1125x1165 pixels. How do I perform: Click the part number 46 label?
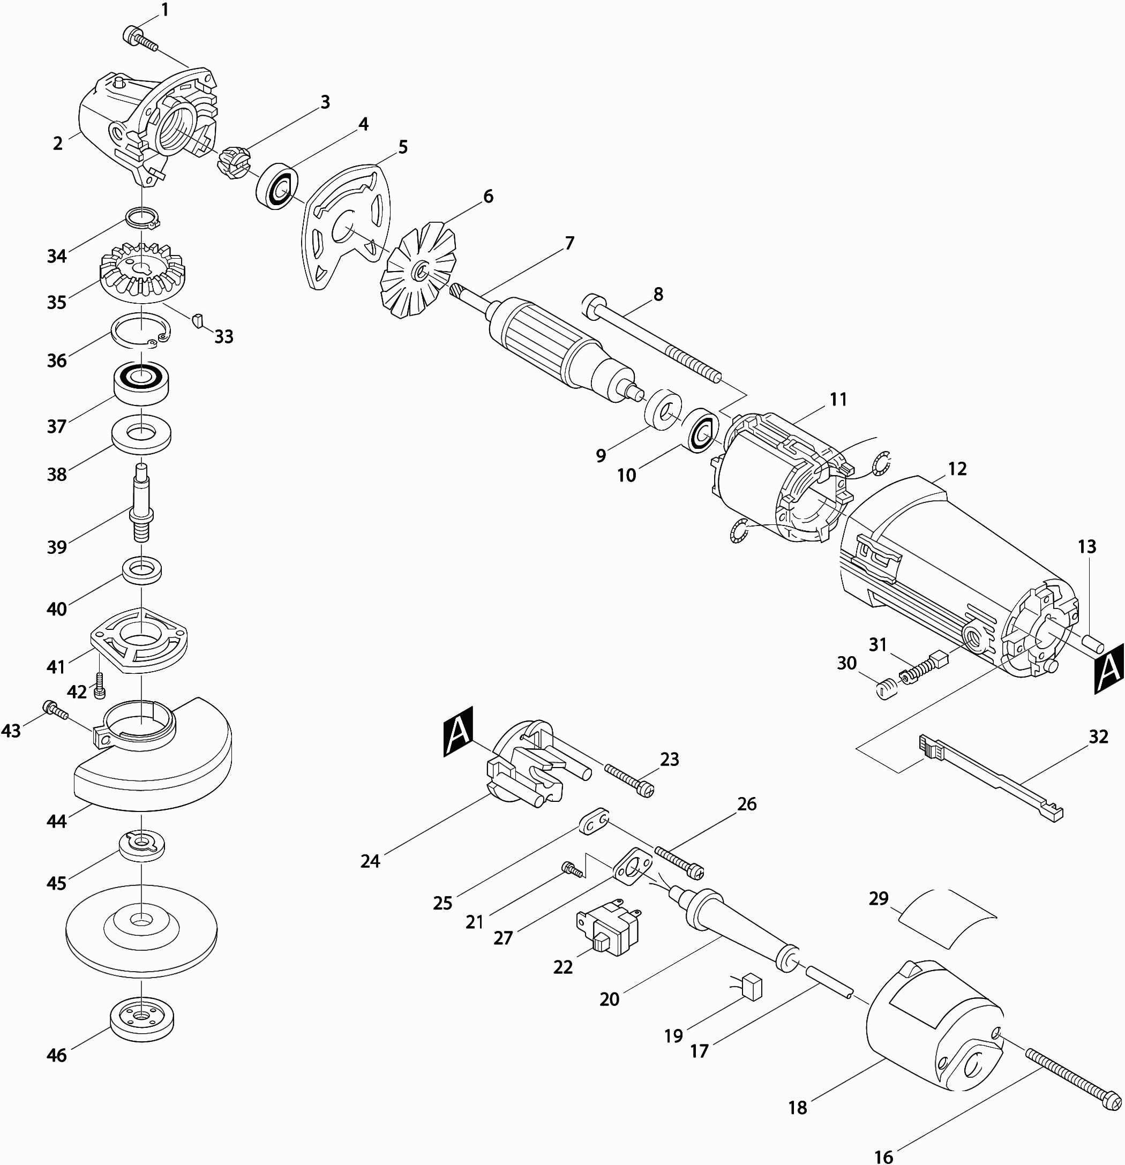(57, 1055)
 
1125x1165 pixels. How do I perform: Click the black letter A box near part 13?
(1109, 668)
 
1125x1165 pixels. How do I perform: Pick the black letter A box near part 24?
(459, 732)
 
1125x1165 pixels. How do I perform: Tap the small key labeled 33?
(197, 320)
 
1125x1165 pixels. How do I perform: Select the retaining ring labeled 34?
(142, 217)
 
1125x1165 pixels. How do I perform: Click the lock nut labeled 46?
(141, 1017)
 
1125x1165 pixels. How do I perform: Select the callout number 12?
(957, 469)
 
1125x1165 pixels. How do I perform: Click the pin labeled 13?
(1093, 644)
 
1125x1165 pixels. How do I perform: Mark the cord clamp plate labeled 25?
(593, 823)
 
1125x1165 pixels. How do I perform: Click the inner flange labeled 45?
(141, 845)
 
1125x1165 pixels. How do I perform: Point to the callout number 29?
(878, 898)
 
